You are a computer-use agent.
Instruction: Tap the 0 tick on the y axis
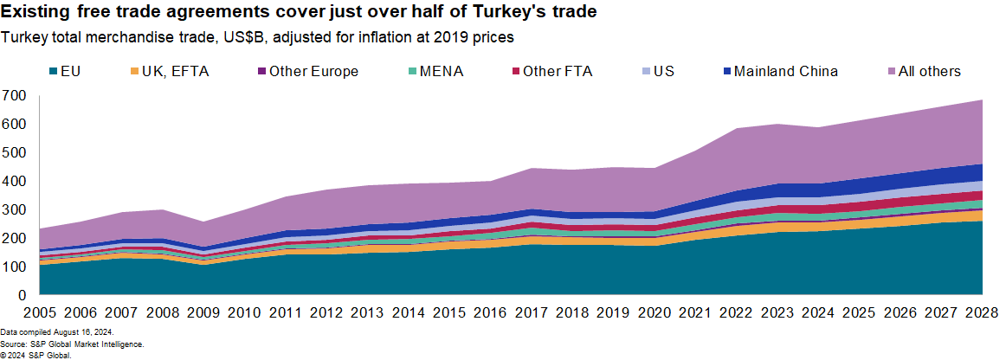(23, 295)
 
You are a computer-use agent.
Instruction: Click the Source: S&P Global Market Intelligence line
(72, 344)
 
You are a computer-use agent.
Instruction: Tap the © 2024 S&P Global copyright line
(35, 355)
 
